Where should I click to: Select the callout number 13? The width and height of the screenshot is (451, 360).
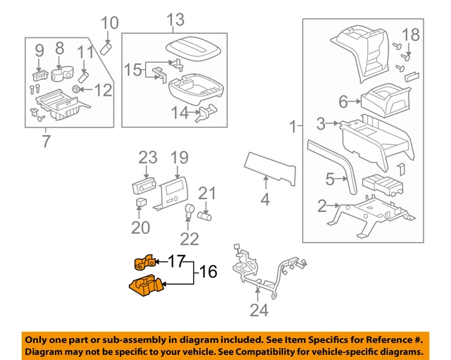175,20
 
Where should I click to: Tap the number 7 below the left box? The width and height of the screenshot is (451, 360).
47,141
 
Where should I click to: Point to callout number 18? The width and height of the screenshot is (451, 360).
410,34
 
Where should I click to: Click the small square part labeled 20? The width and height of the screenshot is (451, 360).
140,203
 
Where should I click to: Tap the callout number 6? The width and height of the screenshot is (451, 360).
343,102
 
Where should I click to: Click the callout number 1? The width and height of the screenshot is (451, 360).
293,128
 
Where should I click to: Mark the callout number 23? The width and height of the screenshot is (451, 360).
148,157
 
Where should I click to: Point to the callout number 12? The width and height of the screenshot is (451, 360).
103,90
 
